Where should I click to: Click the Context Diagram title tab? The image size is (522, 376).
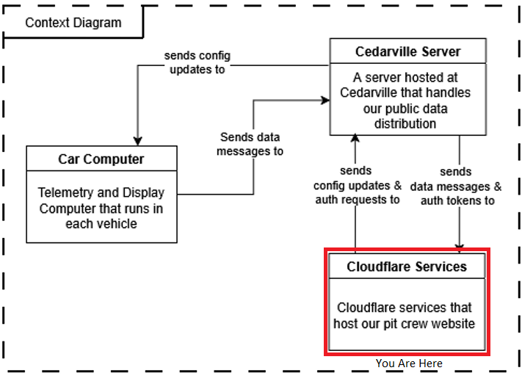click(x=73, y=22)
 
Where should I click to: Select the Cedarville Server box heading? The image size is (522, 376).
click(x=407, y=52)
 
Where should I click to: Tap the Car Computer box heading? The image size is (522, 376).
click(x=101, y=159)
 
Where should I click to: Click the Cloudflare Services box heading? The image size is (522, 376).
click(x=407, y=267)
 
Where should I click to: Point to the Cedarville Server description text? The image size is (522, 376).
click(x=407, y=100)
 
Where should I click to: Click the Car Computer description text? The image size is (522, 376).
click(x=101, y=208)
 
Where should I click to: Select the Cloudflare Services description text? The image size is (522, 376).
click(x=407, y=315)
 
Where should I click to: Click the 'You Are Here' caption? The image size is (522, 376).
click(x=409, y=364)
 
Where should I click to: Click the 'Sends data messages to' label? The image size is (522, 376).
click(x=250, y=144)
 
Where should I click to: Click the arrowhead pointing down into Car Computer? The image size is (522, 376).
click(x=137, y=141)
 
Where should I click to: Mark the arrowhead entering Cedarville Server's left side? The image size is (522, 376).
click(x=324, y=98)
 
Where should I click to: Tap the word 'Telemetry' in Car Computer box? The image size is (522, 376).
click(x=65, y=192)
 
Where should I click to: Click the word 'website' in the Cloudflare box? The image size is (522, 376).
click(x=452, y=323)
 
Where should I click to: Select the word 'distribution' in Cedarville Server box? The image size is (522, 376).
click(x=407, y=123)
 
